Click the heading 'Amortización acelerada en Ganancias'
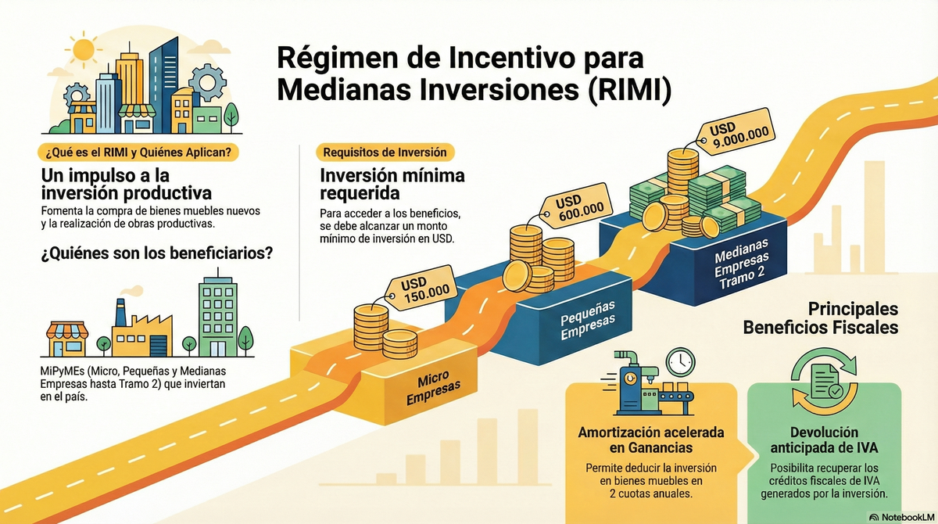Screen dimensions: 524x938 pos(650,440)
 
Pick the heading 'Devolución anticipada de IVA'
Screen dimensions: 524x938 pos(824,440)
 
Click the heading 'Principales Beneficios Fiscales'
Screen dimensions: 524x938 pos(820,318)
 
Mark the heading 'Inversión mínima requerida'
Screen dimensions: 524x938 pos(381,184)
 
